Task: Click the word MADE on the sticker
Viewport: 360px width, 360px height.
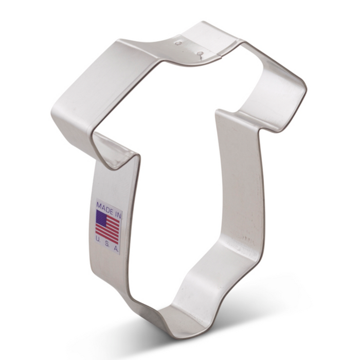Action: pos(104,207)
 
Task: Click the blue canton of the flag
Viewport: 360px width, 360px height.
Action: pos(101,217)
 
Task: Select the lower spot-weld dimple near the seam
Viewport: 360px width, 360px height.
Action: pos(199,54)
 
